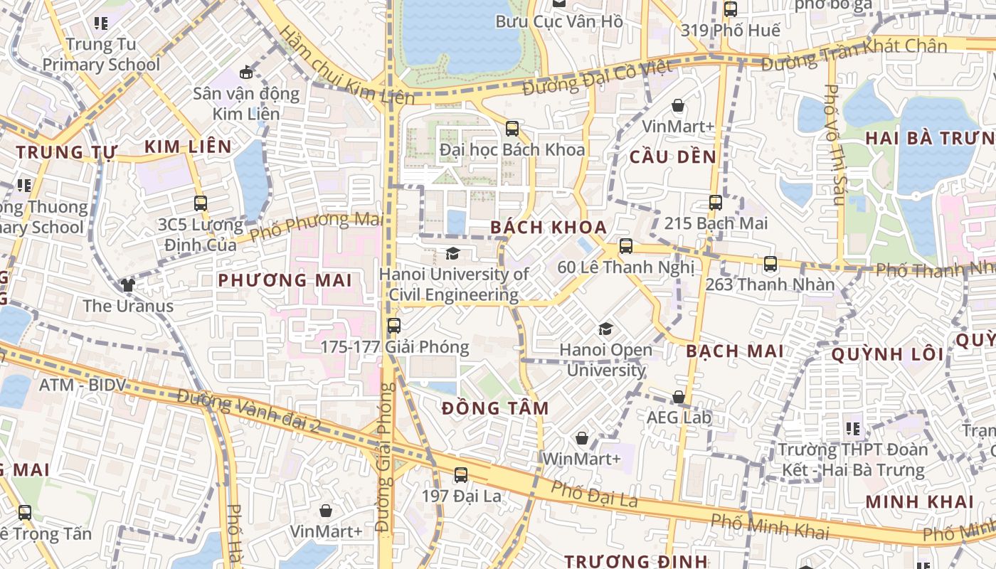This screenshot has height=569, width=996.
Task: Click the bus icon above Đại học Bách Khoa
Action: tap(512, 129)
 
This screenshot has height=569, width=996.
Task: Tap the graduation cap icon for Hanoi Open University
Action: tap(605, 329)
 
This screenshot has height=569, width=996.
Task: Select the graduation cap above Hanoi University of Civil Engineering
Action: tap(452, 253)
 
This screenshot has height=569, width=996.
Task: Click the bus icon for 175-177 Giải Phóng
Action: tap(393, 326)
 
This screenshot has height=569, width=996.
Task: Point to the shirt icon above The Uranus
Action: tap(127, 285)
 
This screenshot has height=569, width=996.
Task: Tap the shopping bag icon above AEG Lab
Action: tap(679, 397)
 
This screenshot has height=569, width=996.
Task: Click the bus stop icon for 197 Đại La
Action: tap(461, 474)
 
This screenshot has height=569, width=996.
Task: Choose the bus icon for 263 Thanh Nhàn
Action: tap(770, 264)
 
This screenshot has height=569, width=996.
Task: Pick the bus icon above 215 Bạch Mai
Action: tap(716, 202)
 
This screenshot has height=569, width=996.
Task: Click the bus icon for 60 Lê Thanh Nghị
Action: tap(625, 246)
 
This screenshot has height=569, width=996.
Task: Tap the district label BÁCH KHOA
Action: tap(549, 228)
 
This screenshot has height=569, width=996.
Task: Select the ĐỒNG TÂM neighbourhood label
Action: tap(495, 408)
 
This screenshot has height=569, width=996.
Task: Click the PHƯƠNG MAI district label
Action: tap(285, 280)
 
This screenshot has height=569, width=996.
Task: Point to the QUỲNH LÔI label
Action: tap(887, 354)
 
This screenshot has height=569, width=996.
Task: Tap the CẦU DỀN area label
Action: tap(672, 157)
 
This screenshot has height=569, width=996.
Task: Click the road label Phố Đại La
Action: tap(594, 494)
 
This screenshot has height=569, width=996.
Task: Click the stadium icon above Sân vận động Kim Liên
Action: tap(246, 72)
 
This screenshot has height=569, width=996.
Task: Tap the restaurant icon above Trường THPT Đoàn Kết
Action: tap(853, 428)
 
